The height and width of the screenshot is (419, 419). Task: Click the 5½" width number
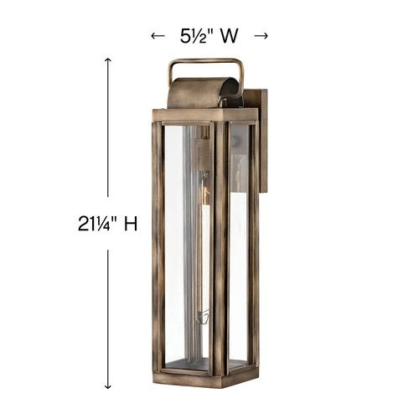point(199,36)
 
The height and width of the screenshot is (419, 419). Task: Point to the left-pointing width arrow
point(155,36)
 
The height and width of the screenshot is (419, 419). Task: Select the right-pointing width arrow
point(261,36)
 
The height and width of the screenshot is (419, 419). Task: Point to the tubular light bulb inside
point(202,243)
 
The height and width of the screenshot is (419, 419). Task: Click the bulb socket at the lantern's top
point(202,151)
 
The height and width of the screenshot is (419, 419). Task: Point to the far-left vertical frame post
point(158,243)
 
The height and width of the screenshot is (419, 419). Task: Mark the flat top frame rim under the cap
point(201,113)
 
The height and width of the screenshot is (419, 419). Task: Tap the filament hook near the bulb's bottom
point(200,317)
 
